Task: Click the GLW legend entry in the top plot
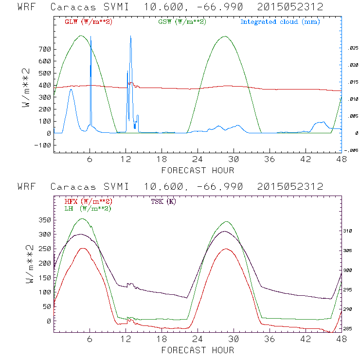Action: (x=88, y=22)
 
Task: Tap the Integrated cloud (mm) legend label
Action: (x=280, y=22)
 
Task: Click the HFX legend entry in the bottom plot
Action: (x=88, y=201)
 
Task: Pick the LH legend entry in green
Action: (x=88, y=208)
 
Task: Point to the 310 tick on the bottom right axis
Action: (x=351, y=231)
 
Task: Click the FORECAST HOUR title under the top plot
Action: (x=198, y=170)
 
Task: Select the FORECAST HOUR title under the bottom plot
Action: (x=198, y=350)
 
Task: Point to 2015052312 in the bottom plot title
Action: (x=290, y=187)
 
